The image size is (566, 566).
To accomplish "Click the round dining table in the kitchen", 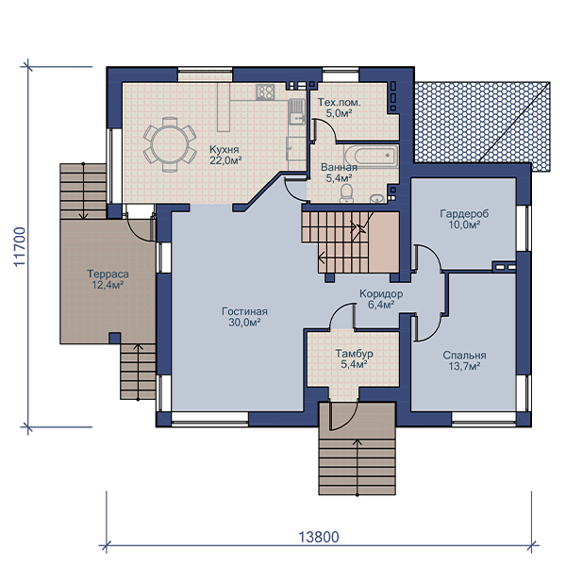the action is tap(170, 144).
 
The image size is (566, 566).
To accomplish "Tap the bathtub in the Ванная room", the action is tap(371, 156).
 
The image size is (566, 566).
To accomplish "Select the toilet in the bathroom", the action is tap(347, 193).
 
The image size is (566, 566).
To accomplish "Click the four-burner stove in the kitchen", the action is tap(265, 92).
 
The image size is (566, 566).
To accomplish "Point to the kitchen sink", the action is tap(297, 111).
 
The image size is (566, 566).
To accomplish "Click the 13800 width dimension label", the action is tap(319, 537).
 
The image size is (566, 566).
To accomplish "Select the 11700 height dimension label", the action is tap(20, 247).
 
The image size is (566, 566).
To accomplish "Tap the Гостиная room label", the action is tap(244, 311).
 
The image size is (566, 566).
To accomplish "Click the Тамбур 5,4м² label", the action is tap(354, 358).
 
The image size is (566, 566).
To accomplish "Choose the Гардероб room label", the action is tap(464, 214).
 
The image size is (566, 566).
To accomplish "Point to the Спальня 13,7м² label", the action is tap(464, 360).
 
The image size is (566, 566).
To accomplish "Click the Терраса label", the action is tap(108, 274).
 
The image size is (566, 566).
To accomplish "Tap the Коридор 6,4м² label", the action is tap(381, 299).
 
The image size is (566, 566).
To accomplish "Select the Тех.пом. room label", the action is tap(339, 103).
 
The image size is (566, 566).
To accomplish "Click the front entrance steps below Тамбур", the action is tap(358, 466).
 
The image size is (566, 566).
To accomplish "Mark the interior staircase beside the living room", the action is tap(351, 242).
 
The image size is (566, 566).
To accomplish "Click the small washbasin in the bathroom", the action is tap(377, 198).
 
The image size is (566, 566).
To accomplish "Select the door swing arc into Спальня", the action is tap(428, 327).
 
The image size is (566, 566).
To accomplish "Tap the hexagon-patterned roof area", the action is tap(482, 126).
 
